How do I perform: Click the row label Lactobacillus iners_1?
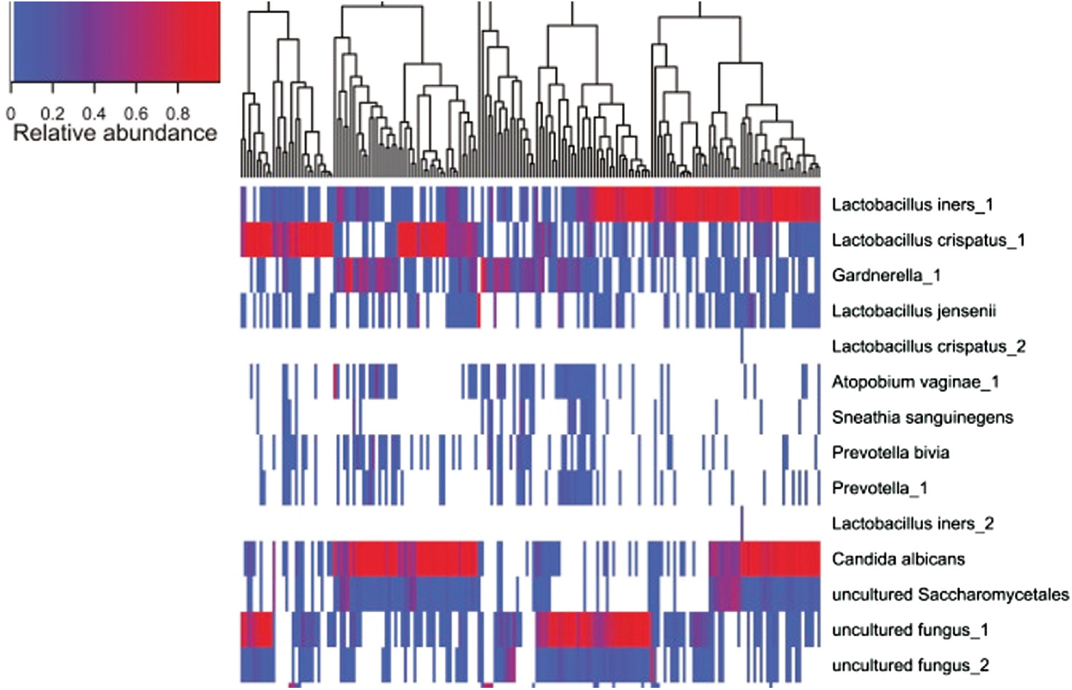(912, 205)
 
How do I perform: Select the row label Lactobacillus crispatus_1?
(928, 241)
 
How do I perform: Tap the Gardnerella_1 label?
(886, 276)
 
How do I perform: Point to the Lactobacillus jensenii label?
(914, 311)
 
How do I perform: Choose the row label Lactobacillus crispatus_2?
(928, 347)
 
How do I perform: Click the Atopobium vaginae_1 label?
(915, 382)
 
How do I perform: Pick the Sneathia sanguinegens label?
(922, 417)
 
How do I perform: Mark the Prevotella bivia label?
(890, 453)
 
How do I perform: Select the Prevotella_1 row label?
(879, 489)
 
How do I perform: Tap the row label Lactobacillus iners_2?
(912, 523)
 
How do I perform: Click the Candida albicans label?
(898, 559)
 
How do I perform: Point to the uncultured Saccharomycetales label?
(950, 595)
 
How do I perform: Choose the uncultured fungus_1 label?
(910, 630)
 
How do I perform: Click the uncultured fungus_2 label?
(910, 665)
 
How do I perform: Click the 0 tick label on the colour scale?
(10, 114)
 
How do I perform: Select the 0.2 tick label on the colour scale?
(52, 114)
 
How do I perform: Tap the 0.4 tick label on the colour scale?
(94, 114)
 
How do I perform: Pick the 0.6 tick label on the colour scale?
(136, 114)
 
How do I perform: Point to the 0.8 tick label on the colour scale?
(177, 114)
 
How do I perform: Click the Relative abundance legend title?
(115, 133)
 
